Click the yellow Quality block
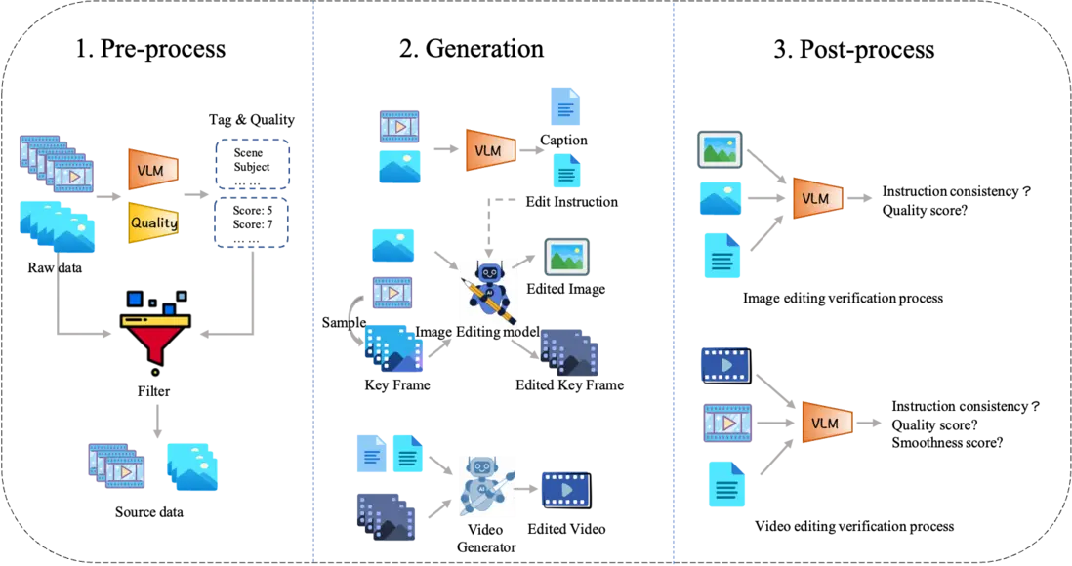[153, 222]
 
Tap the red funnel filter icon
[156, 338]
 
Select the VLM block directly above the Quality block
[152, 170]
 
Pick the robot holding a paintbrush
[487, 486]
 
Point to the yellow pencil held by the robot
[495, 302]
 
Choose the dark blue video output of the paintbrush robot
[565, 488]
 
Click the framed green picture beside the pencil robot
[566, 258]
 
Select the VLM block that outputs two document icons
[489, 149]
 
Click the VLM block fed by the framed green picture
[816, 198]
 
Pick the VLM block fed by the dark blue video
[826, 423]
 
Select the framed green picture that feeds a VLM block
[722, 149]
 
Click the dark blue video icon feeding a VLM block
[722, 363]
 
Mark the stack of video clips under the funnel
[117, 465]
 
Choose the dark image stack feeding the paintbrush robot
[386, 518]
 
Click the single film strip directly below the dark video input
[728, 422]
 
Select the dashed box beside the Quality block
[251, 222]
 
